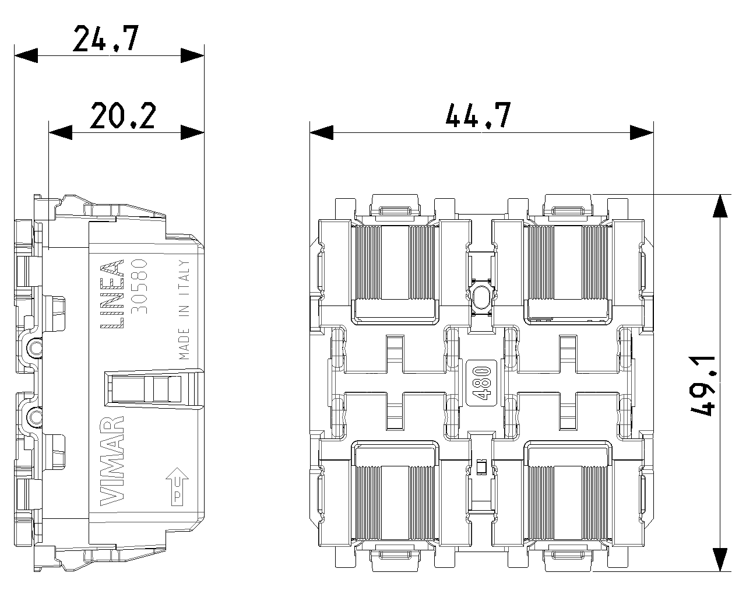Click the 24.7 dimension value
click(105, 39)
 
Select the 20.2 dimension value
click(123, 115)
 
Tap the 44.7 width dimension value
click(478, 115)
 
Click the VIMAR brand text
click(111, 461)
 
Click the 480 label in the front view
click(481, 382)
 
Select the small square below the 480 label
click(481, 466)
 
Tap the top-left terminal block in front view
click(396, 273)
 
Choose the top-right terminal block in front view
click(568, 273)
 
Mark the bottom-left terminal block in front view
click(396, 493)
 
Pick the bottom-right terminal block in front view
click(568, 493)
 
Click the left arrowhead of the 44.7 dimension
click(321, 133)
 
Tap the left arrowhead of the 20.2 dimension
click(60, 133)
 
